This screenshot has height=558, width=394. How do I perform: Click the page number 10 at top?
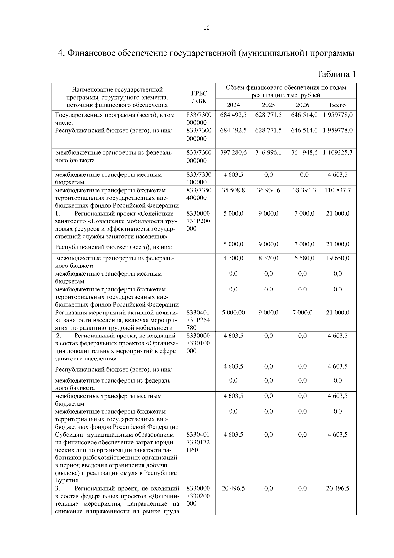click(206, 28)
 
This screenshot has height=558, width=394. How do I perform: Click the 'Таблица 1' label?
click(336, 74)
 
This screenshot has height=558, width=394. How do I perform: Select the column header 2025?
click(268, 105)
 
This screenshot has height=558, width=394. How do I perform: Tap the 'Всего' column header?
click(338, 105)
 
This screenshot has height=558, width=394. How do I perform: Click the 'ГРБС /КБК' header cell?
click(199, 97)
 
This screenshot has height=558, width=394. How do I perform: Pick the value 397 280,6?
click(233, 153)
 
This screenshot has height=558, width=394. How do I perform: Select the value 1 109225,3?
click(338, 153)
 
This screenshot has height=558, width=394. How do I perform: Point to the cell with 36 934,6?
click(268, 190)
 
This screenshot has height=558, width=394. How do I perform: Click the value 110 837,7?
click(338, 190)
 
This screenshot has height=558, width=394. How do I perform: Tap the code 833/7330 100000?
click(199, 178)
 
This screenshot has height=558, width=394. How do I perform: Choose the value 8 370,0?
click(268, 258)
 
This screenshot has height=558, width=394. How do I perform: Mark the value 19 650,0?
click(338, 258)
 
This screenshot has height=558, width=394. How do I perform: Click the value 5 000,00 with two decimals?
click(233, 313)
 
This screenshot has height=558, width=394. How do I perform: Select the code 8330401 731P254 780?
click(198, 320)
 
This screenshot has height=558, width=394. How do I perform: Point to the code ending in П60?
click(198, 442)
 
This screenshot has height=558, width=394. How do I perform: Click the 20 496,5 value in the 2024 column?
click(233, 489)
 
